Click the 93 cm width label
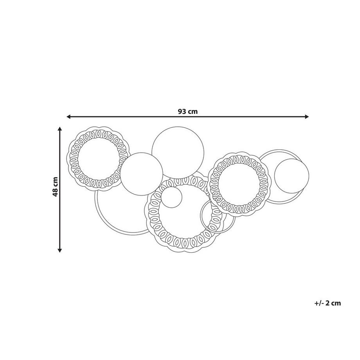click(187, 112)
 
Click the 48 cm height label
click(55, 187)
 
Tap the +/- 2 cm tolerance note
click(328, 303)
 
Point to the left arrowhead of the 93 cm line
click(68, 117)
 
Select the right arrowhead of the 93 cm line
click(307, 117)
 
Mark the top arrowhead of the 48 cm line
click(60, 129)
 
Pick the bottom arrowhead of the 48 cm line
click(60, 250)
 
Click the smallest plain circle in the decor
click(171, 197)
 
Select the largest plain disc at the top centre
click(178, 153)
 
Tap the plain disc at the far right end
click(292, 176)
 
